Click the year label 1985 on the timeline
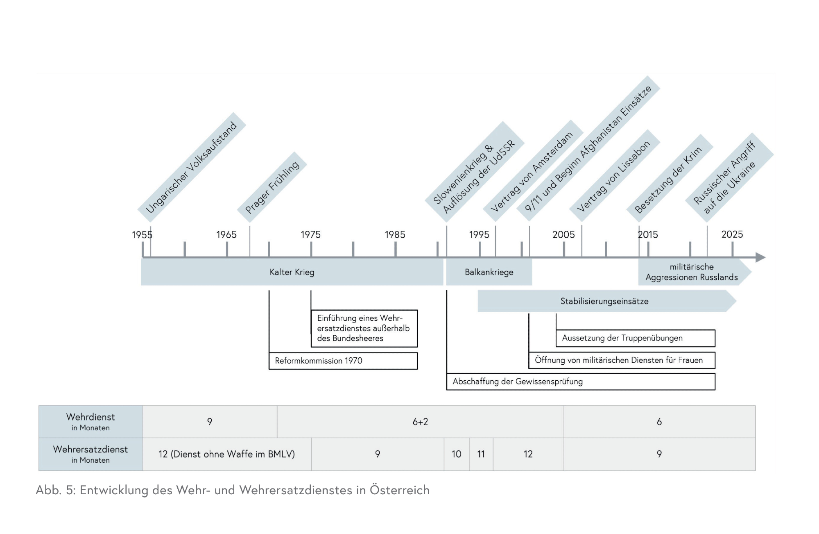click(395, 234)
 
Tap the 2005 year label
click(563, 234)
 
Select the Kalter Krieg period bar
click(292, 272)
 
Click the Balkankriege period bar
click(489, 272)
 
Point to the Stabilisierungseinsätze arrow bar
click(604, 301)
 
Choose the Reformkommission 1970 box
click(343, 361)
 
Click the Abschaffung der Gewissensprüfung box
click(580, 382)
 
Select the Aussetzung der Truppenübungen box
click(635, 338)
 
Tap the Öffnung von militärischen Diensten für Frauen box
click(621, 360)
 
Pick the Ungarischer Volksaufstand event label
click(191, 168)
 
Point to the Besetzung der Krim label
click(668, 180)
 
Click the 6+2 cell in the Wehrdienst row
click(420, 422)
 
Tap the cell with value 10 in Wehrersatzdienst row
click(457, 454)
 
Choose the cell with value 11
click(481, 454)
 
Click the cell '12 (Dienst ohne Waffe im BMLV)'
click(226, 454)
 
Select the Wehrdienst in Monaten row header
click(90, 422)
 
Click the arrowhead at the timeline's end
click(760, 257)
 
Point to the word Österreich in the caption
click(400, 490)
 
